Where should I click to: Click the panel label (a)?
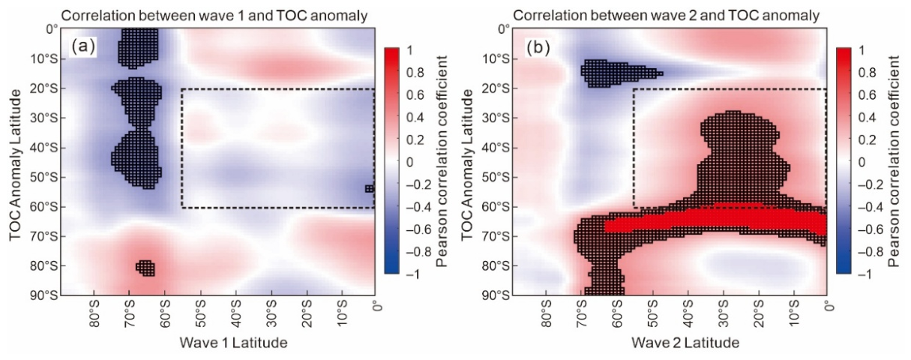tap(83, 47)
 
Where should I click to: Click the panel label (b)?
tap(538, 47)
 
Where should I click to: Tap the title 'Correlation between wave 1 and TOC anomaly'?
tap(214, 16)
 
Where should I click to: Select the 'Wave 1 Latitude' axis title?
tap(233, 343)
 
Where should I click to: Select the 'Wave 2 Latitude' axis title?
tap(685, 343)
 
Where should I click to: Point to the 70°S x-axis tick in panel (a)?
tap(129, 313)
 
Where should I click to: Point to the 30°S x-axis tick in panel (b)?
tap(724, 313)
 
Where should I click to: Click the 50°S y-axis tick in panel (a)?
tap(45, 178)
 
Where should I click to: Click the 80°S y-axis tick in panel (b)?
tap(496, 266)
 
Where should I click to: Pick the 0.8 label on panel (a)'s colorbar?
tap(415, 73)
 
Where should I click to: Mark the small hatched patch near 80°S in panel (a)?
tap(145, 268)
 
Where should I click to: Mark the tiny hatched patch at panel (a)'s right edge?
tap(370, 189)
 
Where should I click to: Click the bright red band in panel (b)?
tap(716, 219)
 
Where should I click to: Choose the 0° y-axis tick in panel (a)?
tap(52, 30)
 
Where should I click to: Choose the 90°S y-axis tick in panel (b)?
tap(496, 295)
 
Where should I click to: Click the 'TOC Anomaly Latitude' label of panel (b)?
tap(467, 165)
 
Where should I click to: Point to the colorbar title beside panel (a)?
tap(442, 161)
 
